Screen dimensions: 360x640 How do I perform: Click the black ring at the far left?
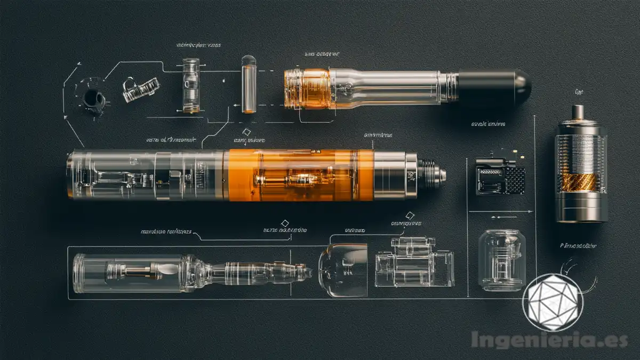point(94,98)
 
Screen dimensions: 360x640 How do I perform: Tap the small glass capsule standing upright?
point(249,84)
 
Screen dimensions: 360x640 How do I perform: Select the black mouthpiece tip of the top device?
point(494,87)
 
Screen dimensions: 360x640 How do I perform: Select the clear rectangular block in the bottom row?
point(413,262)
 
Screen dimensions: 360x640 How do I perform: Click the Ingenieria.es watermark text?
point(549,340)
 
